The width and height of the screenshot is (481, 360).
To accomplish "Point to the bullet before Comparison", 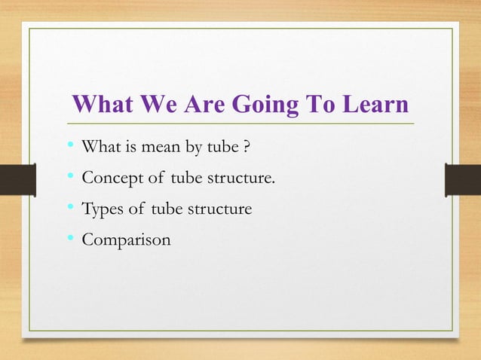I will click(71, 240).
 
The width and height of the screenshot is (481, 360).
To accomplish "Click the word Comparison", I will click(125, 240).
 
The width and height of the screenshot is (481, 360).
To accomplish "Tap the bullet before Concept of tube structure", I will click(71, 178).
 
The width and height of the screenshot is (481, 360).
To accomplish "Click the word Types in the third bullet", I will click(102, 209).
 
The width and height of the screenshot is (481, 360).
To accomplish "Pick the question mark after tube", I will click(247, 148).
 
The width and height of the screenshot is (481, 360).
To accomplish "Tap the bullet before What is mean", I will click(71, 148).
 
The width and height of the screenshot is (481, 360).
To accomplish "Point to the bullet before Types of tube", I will click(71, 209).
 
